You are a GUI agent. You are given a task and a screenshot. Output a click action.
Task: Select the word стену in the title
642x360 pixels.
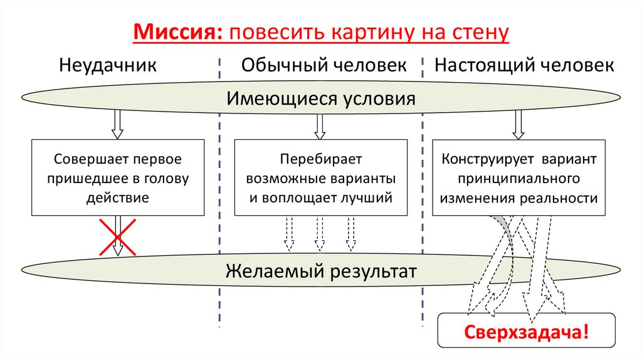pos(478,31)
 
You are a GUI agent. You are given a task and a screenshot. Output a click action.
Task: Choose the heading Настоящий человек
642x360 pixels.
pos(524,65)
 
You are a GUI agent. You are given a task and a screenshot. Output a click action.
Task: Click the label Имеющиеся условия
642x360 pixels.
pos(321,98)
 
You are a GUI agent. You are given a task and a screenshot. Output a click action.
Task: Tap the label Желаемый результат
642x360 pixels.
pos(321,272)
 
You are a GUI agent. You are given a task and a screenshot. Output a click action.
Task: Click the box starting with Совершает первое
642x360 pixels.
pos(118,178)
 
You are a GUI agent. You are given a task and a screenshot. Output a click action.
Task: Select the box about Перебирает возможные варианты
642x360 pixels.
pos(320,178)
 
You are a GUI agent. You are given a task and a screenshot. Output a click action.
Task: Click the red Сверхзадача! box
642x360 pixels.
pos(526,331)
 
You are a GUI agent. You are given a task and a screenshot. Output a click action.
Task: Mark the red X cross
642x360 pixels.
pos(117,237)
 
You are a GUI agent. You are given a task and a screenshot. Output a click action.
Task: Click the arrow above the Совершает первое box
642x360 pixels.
pos(117,124)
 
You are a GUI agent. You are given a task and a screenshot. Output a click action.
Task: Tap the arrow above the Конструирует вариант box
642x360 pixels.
pos(518,124)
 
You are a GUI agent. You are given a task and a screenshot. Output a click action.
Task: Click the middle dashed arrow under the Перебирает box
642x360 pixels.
pos(320,233)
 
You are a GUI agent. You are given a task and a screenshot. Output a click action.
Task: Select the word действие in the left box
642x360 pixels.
pos(118,198)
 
